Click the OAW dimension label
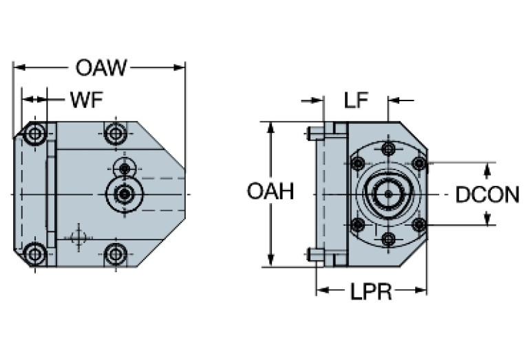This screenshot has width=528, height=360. tap(101, 67)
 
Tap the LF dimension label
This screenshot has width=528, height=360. tap(356, 101)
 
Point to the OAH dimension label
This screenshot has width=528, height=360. tap(270, 192)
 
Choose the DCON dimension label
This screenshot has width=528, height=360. tap(487, 195)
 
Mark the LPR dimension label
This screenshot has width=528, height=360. tap(371, 292)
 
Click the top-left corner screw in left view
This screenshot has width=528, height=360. tap(35, 134)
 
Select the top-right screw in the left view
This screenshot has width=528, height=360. tap(115, 133)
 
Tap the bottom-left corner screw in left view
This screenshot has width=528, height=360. tap(35, 254)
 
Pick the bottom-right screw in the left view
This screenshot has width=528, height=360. tap(115, 254)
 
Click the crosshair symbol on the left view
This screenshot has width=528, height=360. tap(79, 237)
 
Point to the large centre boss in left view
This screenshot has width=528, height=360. tap(124, 195)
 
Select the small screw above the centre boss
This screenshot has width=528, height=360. tap(124, 167)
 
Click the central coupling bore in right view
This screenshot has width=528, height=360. tap(388, 194)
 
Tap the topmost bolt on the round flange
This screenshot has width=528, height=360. tap(388, 149)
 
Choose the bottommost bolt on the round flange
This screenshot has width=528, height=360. tap(388, 240)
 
